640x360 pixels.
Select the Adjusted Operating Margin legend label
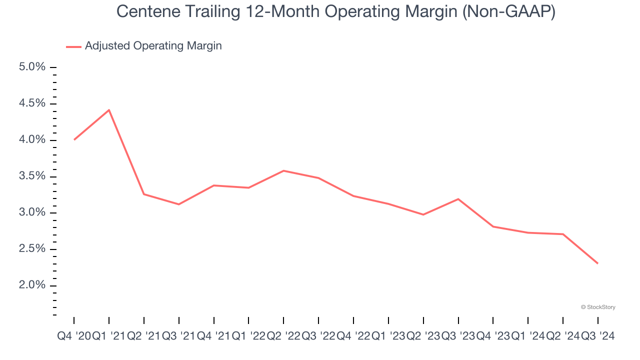coord(153,46)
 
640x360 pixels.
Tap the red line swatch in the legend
coord(73,46)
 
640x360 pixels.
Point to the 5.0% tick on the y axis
coord(32,67)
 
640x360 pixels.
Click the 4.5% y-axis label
coord(32,103)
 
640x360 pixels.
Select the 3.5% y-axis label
coord(32,176)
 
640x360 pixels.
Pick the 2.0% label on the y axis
coord(32,285)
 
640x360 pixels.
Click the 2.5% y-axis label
coord(32,249)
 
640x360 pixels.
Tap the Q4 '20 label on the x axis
coord(74,336)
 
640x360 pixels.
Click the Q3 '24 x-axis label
coord(598,336)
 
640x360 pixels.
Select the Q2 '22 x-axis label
coord(283,336)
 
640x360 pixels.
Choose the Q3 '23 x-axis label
coord(458,336)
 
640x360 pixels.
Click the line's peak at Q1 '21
coord(109,110)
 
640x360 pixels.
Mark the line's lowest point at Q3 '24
coord(597,263)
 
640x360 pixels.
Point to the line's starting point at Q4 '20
coord(74,139)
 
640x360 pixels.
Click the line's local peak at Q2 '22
coord(283,171)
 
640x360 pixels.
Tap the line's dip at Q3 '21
coord(179,204)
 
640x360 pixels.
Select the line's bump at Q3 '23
coord(458,199)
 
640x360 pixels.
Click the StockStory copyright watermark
coord(598,307)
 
